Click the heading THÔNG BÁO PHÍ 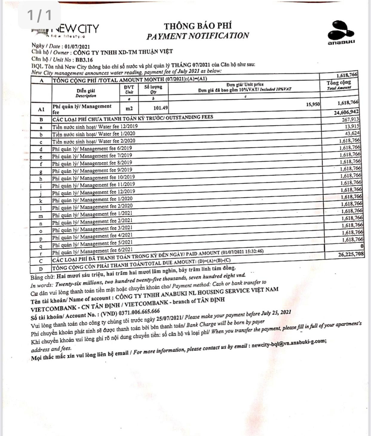[x=198, y=26]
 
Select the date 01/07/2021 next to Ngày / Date [x=77, y=46]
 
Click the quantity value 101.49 [x=160, y=108]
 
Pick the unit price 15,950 [x=313, y=104]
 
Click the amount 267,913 [x=350, y=120]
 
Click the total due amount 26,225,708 [x=347, y=254]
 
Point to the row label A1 [x=41, y=109]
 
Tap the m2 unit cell [x=129, y=108]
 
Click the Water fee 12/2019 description [x=95, y=127]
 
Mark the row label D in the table [x=41, y=269]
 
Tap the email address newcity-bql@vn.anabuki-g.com [x=289, y=344]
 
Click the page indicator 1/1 [x=39, y=15]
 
